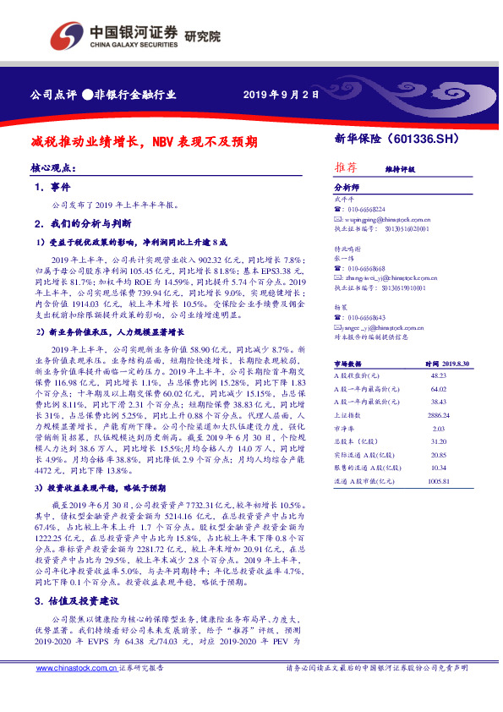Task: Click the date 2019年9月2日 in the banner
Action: [x=281, y=95]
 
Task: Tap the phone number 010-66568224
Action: [x=365, y=208]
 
